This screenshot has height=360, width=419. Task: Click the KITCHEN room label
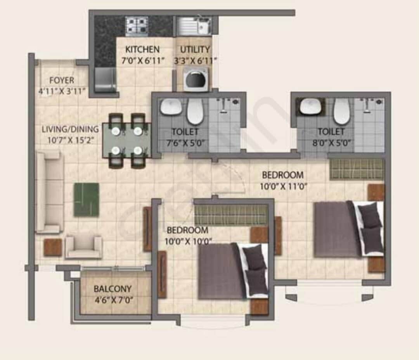click(142, 50)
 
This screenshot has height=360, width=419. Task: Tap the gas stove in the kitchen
click(136, 26)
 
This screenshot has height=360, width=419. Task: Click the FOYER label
click(61, 81)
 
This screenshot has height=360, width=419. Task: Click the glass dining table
click(126, 141)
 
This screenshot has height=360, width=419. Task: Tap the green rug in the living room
click(86, 200)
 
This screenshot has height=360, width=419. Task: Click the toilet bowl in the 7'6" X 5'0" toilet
click(195, 111)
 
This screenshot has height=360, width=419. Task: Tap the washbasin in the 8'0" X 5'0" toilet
click(310, 106)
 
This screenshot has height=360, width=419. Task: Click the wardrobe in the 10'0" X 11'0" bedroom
click(357, 169)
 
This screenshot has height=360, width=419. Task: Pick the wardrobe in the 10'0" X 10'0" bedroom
click(231, 215)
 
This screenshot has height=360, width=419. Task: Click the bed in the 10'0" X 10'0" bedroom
click(233, 270)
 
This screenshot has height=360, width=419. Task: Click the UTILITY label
click(195, 50)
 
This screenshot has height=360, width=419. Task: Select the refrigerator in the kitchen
click(106, 80)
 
